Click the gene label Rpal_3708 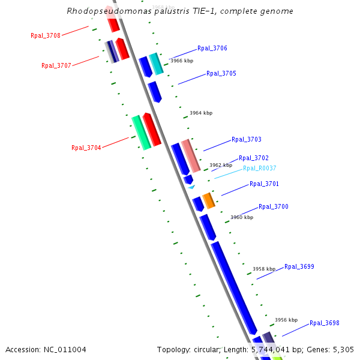point(46,35)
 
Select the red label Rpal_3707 point(56,65)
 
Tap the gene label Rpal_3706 point(212,48)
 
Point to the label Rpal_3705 point(221,74)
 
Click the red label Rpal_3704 point(86,148)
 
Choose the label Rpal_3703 point(247,139)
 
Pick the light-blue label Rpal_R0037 point(260,168)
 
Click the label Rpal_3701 point(265,184)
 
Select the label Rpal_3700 point(274,206)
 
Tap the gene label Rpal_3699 point(299,266)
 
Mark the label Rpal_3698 point(325,323)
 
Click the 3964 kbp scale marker point(201,113)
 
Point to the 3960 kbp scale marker point(242,217)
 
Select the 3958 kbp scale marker point(264,269)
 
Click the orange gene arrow point(208,200)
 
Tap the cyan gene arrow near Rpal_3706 point(156,64)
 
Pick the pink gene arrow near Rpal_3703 point(191,155)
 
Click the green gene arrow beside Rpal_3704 point(141,133)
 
